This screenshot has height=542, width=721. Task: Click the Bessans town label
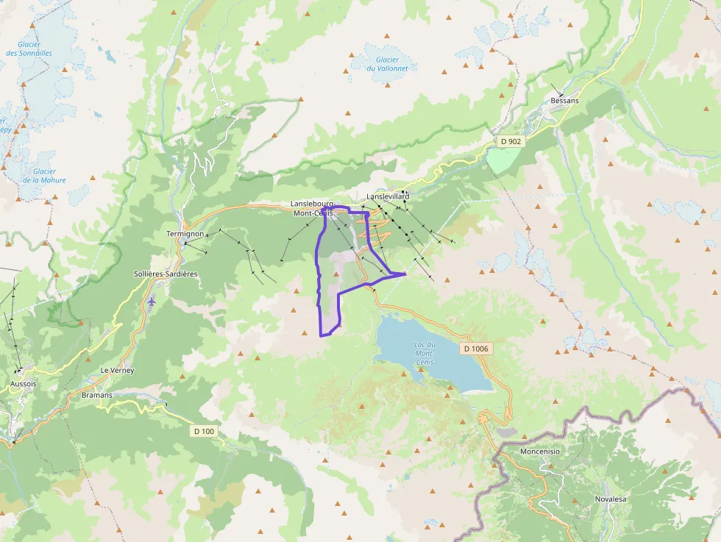pos(564,101)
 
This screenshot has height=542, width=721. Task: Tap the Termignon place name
pos(185,234)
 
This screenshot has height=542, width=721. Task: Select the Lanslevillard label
pos(388,197)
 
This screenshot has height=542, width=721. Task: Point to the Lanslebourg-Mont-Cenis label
pos(313,208)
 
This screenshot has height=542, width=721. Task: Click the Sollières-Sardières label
pos(166,274)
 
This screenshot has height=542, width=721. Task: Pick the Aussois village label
pos(24,384)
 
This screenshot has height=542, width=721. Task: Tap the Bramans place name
pos(97,395)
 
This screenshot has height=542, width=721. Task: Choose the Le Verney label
pos(118,371)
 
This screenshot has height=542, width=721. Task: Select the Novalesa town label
pos(610,499)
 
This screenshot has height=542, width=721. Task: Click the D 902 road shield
pos(509,141)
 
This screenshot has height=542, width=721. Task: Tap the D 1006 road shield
pos(476,348)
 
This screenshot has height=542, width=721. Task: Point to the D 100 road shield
pos(205,431)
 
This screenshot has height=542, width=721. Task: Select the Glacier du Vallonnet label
pos(387,64)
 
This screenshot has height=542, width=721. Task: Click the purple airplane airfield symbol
pos(152,301)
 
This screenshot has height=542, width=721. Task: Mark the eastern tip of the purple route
pos(405,274)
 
